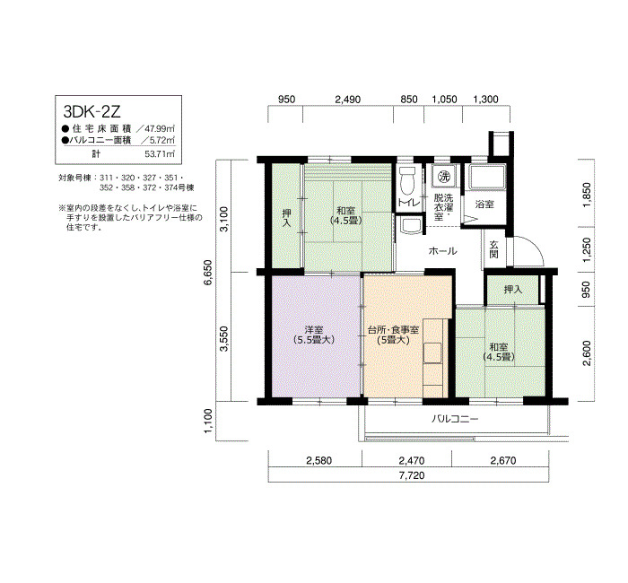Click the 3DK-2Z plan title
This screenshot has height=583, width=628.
(92, 111)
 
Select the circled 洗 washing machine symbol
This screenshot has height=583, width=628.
(444, 176)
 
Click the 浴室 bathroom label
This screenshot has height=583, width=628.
(484, 204)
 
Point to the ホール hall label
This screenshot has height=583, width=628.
(442, 251)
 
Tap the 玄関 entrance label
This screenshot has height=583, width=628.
(493, 249)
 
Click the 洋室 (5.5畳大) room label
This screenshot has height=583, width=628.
(314, 335)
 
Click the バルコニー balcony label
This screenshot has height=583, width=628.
(455, 419)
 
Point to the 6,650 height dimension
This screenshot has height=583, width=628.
(209, 273)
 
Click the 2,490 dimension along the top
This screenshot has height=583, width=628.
(348, 100)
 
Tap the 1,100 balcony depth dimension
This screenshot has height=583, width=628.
(209, 421)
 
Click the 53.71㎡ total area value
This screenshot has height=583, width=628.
(160, 153)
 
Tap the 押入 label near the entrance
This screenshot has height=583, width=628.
(513, 289)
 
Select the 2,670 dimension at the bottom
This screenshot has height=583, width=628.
(503, 460)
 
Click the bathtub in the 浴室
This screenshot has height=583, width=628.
(486, 177)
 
